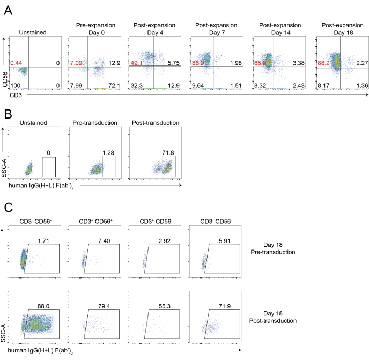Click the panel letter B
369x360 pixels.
(8, 114)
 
